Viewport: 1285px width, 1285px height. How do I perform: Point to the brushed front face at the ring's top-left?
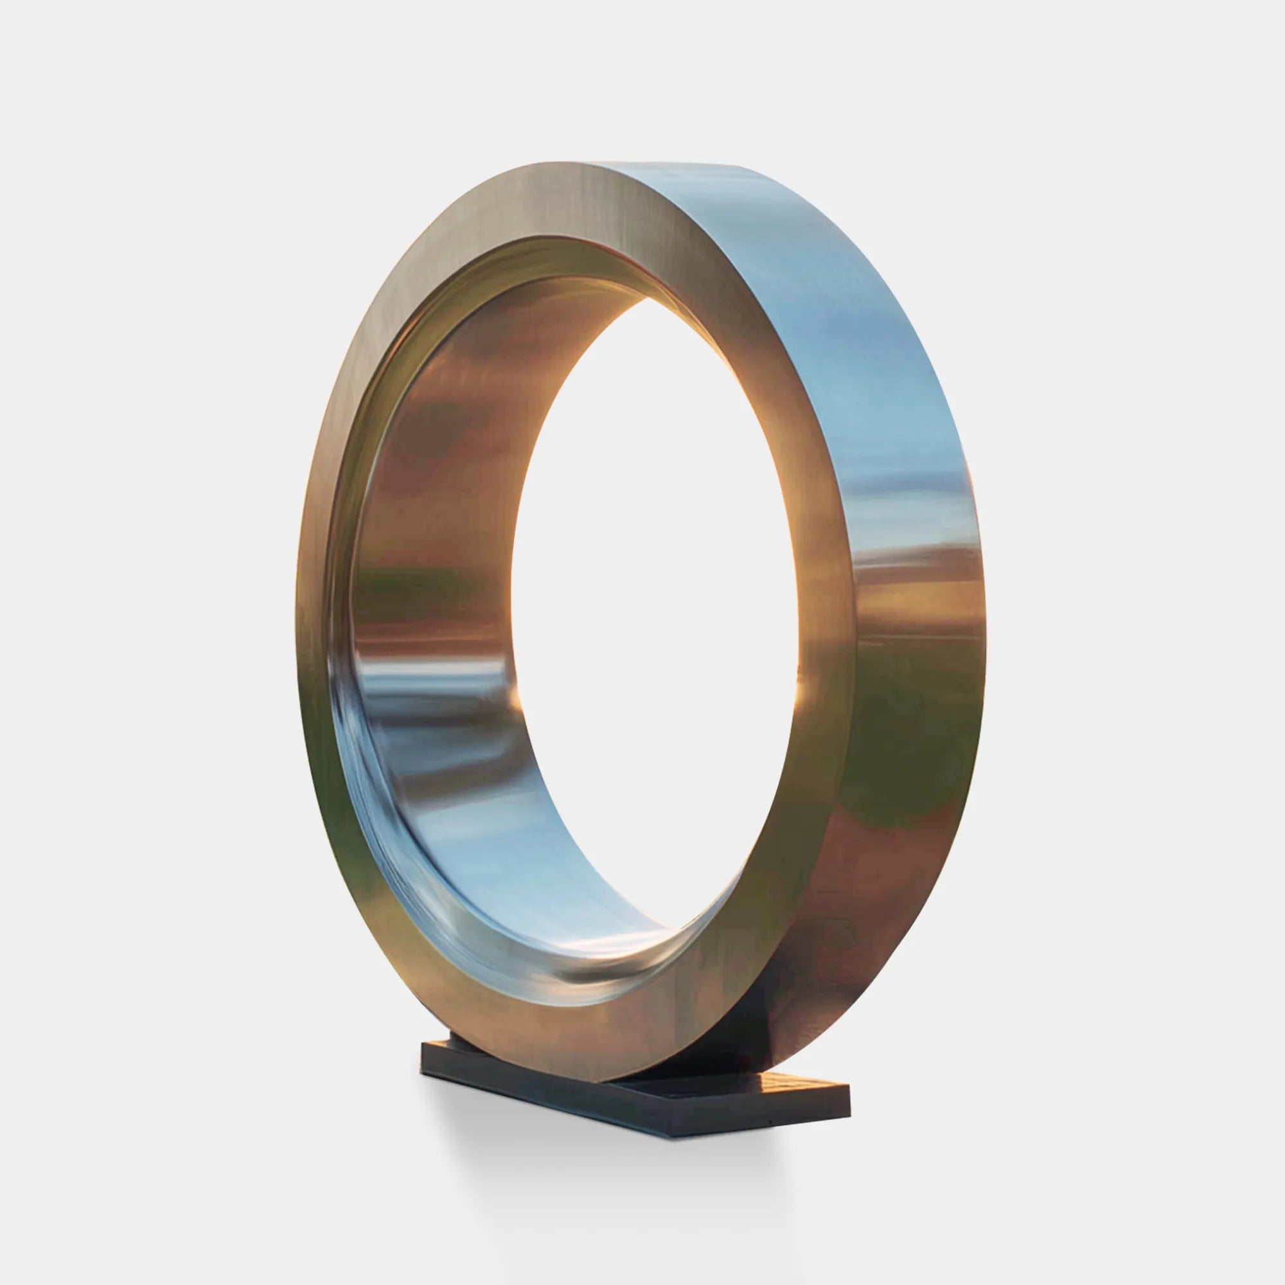click(412, 279)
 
